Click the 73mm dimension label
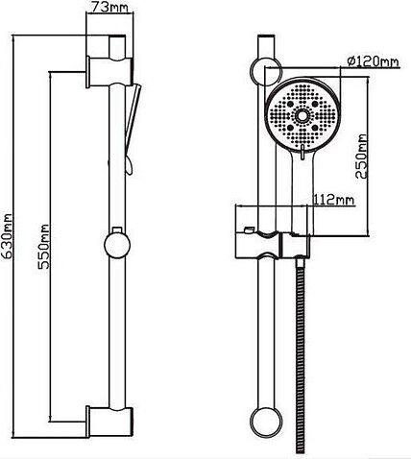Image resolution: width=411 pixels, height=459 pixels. (x=109, y=7)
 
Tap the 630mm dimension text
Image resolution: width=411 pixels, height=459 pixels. (x=7, y=236)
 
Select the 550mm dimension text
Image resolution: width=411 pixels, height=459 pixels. (x=43, y=247)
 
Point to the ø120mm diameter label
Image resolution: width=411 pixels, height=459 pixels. (x=374, y=60)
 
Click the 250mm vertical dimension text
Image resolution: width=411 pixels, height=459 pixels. (x=362, y=157)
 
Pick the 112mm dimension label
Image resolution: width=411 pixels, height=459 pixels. (x=333, y=200)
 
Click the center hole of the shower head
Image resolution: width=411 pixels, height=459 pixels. (x=302, y=116)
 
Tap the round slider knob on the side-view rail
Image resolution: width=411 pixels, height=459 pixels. (x=117, y=245)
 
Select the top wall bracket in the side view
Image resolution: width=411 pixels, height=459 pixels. (x=109, y=72)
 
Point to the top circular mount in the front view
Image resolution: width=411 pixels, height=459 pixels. (x=266, y=71)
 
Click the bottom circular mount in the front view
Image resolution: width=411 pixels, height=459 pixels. (x=266, y=423)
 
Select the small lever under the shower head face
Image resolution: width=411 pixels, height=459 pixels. (x=302, y=152)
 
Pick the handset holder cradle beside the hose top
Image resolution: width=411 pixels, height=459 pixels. (x=296, y=246)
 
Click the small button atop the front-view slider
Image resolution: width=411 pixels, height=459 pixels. (x=249, y=230)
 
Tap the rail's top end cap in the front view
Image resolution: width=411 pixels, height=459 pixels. (x=266, y=36)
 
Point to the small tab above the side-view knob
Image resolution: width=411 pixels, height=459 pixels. (x=117, y=229)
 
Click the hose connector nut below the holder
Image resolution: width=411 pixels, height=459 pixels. (x=300, y=262)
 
